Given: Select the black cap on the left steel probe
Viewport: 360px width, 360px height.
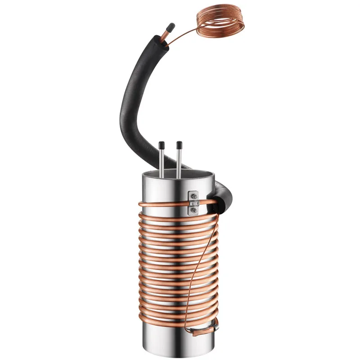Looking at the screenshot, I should coord(161,145).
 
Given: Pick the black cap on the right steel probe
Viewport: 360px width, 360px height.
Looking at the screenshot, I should coord(179,145).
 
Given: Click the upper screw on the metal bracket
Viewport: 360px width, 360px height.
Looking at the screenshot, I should coord(193,197).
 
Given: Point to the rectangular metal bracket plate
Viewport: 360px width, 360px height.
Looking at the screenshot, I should coord(193,202).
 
